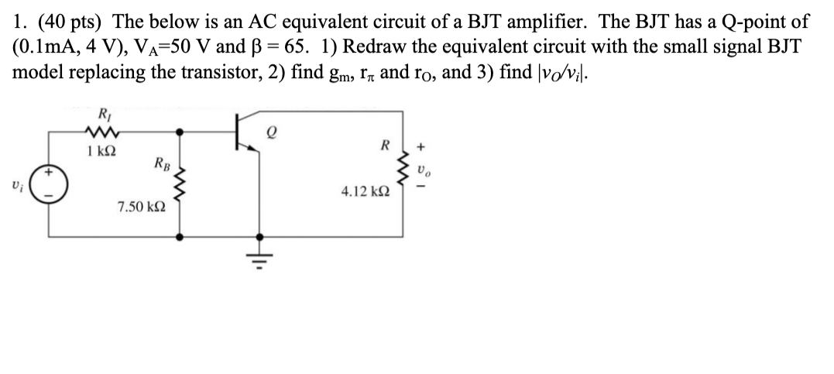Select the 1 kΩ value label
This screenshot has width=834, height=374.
tap(103, 150)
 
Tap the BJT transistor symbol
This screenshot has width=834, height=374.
tap(248, 133)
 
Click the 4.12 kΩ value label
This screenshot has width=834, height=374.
tap(366, 190)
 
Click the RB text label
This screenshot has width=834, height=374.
tap(163, 164)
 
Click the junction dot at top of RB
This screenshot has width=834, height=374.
tap(181, 132)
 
